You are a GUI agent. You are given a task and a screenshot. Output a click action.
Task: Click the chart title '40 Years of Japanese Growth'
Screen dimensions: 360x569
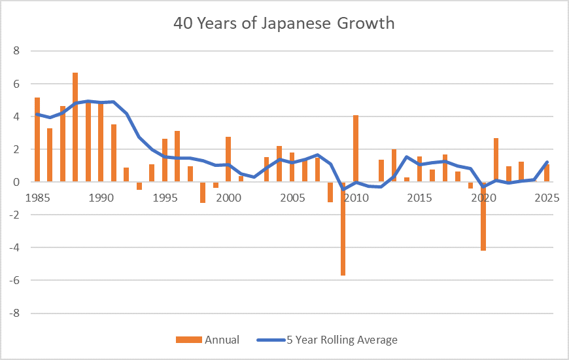tap(284, 24)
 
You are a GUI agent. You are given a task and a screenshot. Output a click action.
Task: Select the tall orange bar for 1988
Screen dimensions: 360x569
tap(75, 127)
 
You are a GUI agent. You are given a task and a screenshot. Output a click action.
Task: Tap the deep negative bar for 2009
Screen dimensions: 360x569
tap(343, 228)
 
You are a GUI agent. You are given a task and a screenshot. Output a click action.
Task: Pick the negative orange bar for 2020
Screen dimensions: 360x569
tap(483, 216)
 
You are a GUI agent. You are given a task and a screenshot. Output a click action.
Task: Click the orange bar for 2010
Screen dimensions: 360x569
tap(356, 149)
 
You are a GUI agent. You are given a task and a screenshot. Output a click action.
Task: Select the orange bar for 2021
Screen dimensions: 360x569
tap(496, 160)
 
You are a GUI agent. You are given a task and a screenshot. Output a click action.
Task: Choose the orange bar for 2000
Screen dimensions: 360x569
tap(228, 159)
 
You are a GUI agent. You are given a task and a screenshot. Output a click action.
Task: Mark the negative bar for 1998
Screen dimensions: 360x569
tap(203, 192)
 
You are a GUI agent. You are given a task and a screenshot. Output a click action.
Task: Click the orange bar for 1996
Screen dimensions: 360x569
tap(177, 156)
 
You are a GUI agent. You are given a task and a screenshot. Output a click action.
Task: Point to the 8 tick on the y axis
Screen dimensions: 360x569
tap(17, 51)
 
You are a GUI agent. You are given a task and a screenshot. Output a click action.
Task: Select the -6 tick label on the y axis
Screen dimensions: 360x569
tap(15, 280)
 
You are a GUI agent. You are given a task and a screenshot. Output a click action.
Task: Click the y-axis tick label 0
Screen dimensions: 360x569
tap(17, 182)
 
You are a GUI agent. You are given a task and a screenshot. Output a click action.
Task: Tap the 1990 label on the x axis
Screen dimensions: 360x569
tap(101, 197)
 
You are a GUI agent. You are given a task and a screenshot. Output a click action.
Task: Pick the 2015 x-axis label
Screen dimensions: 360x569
tap(419, 197)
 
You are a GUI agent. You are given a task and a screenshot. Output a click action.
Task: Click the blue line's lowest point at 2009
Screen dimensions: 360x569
tap(343, 189)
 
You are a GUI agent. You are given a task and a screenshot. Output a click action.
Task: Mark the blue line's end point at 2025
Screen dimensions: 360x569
tap(547, 162)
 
